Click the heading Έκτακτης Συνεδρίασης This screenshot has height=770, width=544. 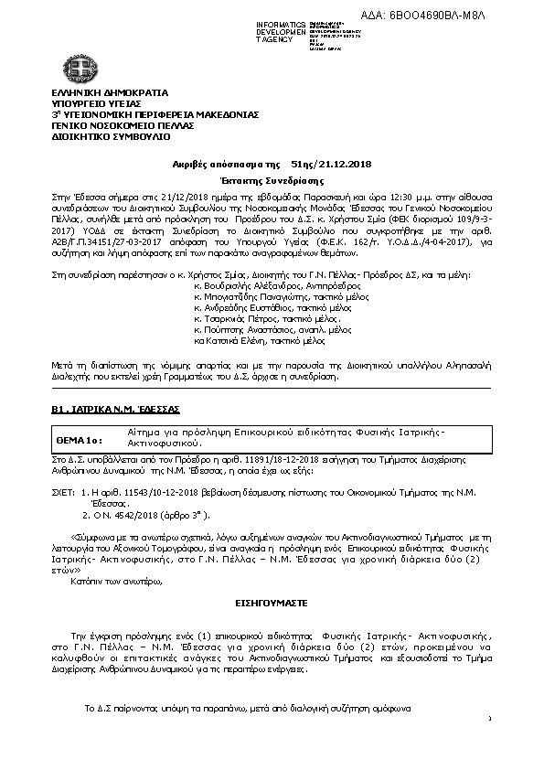(272, 179)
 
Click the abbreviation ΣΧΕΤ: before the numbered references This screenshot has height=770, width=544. (63, 492)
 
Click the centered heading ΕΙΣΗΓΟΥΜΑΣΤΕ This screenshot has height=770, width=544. (271, 604)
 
